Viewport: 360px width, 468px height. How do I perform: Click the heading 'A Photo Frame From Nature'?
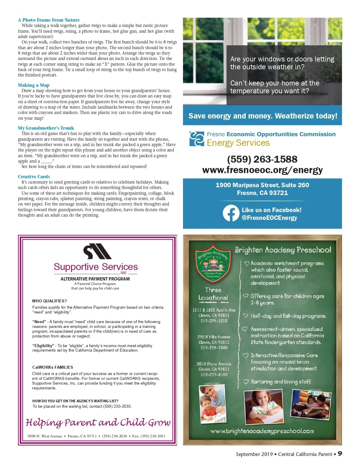pos(49,20)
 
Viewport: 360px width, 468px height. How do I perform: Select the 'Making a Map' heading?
pos(34,85)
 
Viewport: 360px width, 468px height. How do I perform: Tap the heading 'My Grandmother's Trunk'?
pos(46,128)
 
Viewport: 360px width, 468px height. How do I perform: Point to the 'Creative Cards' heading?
pos(34,177)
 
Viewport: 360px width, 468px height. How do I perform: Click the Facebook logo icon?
pos(231,213)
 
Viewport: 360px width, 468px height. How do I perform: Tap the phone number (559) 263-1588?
pos(262,159)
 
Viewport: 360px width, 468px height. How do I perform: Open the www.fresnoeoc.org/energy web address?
pos(262,170)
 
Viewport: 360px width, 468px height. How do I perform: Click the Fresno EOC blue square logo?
pos(197,139)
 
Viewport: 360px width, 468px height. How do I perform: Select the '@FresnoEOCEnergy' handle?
pos(269,218)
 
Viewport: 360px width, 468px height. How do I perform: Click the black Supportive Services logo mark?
pos(97,251)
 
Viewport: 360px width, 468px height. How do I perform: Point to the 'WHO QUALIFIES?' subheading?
pos(49,301)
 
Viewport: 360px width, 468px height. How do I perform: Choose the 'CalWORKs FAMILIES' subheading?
pos(52,367)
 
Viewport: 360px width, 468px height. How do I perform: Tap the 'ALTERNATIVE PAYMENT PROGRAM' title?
pos(95,279)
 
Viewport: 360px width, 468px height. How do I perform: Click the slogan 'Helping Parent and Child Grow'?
pos(98,422)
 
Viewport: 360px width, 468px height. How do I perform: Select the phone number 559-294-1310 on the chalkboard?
pos(214,321)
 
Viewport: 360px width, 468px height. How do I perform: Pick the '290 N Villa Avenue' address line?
pos(214,337)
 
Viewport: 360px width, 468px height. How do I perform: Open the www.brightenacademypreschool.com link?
pos(262,431)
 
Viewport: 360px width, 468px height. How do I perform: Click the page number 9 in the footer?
pos(340,454)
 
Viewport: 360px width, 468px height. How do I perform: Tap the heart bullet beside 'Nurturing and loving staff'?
pos(246,382)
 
